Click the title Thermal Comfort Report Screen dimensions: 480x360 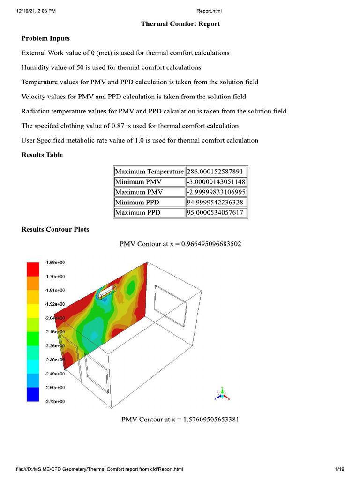pos(180,24)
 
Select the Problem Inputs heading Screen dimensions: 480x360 pos(45,38)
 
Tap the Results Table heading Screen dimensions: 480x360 pos(42,155)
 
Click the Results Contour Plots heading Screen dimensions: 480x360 pos(55,229)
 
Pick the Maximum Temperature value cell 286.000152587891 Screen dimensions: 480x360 pos(217,172)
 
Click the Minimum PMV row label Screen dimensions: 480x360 pos(139,182)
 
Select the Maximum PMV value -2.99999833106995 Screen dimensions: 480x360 pos(217,192)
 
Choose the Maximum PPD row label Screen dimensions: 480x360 pos(138,213)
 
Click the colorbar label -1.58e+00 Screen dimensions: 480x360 pos(54,262)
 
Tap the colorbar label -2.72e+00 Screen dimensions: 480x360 pos(54,402)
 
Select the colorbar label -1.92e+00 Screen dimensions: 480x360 pos(54,304)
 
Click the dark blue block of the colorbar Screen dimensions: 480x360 pos(33,395)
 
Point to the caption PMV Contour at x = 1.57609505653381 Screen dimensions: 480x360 pos(180,419)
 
